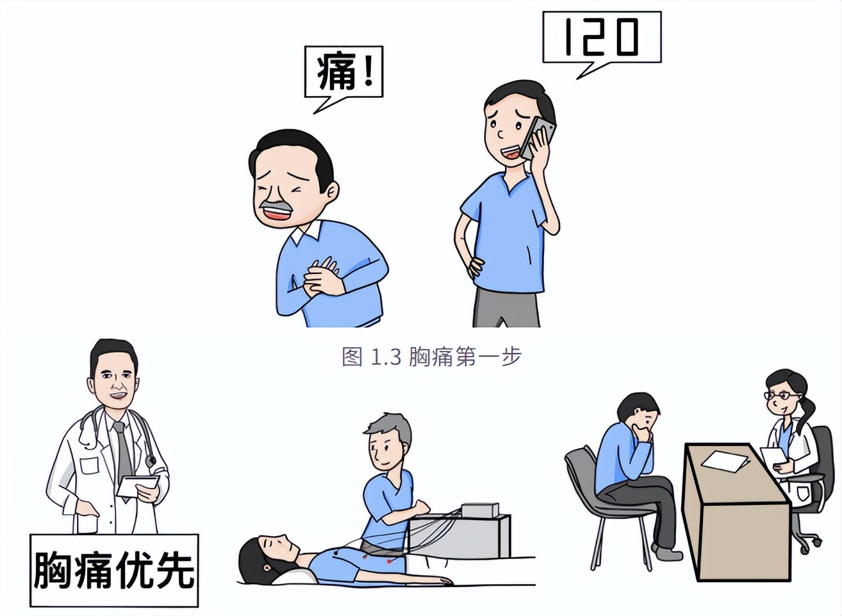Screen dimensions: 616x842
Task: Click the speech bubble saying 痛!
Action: pos(343,71)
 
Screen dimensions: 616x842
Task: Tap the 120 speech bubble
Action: pos(601,37)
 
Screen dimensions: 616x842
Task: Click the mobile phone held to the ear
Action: pos(537,138)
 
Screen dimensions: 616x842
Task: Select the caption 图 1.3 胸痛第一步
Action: pos(431,357)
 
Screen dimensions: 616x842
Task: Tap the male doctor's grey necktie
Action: pos(122,448)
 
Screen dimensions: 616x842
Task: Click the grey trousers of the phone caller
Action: pos(506,309)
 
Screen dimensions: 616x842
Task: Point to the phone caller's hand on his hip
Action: pos(475,264)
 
